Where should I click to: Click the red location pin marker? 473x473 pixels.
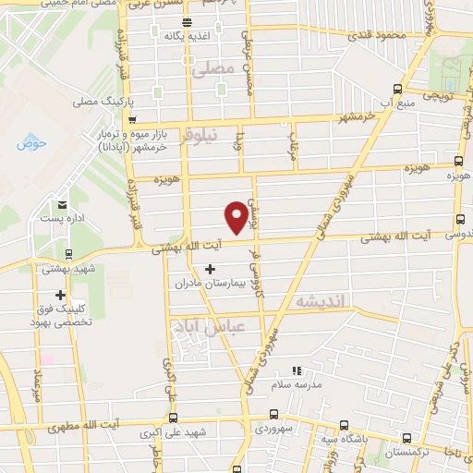[237, 215]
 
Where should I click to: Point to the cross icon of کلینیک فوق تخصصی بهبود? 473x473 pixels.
[60, 296]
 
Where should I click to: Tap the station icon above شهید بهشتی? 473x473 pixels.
[68, 253]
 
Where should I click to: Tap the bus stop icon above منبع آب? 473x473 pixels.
[397, 90]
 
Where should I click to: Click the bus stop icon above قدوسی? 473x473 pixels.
[459, 220]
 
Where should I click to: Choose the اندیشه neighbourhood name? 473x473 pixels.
[319, 302]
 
